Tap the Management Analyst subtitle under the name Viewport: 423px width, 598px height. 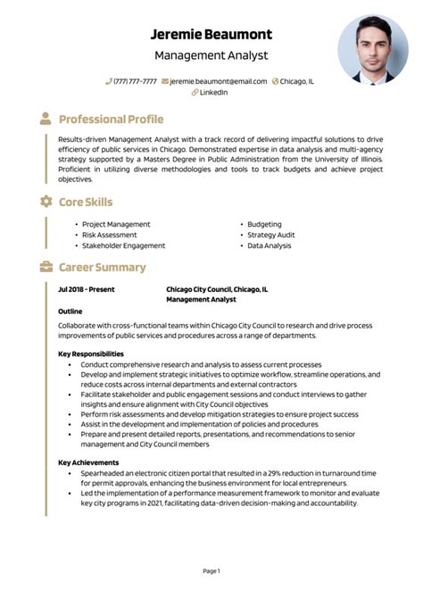pos(211,55)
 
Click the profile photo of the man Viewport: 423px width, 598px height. pos(372,50)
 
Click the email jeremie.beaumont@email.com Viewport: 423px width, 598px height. pos(218,81)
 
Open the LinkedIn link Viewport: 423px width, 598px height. pos(213,92)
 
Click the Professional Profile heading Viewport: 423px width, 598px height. pos(111,119)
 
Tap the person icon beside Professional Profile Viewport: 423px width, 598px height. pos(46,119)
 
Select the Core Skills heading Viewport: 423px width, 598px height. pos(86,202)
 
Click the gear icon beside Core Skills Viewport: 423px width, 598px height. pos(46,202)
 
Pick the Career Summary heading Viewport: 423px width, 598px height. pos(102,267)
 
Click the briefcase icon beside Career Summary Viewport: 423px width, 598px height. pos(46,267)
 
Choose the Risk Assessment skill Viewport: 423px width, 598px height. pos(110,235)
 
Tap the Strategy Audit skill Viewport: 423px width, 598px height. pos(271,235)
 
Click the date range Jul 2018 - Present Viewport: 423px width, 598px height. pos(87,289)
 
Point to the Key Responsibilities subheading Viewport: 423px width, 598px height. pos(91,353)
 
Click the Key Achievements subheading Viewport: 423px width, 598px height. pos(87,462)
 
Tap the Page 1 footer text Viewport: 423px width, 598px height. pos(211,570)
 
